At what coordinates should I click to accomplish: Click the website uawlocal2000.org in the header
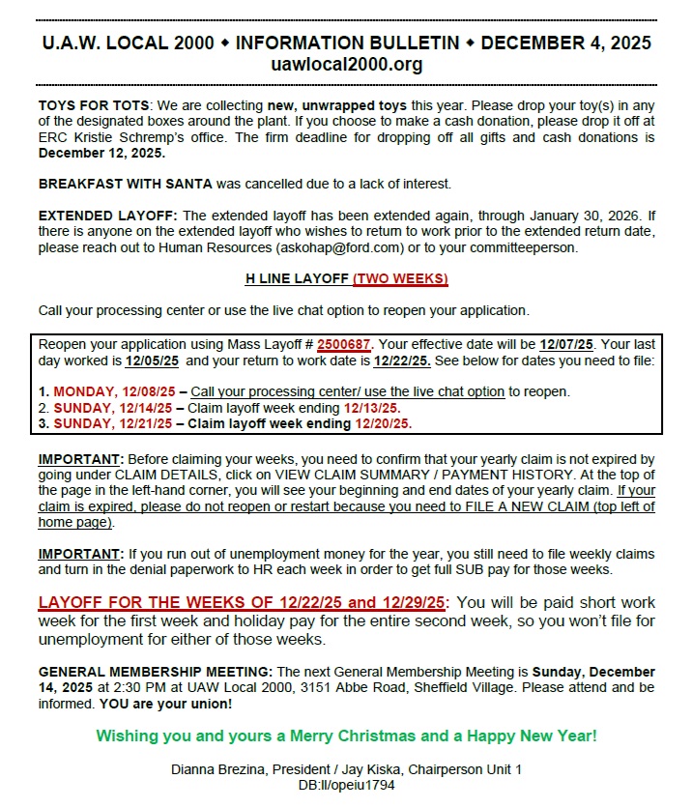(347, 65)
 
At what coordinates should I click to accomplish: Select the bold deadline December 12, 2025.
(101, 153)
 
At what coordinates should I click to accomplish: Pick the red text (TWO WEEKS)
(399, 279)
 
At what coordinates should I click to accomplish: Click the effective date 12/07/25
(566, 344)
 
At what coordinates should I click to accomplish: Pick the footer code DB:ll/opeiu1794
(347, 785)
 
